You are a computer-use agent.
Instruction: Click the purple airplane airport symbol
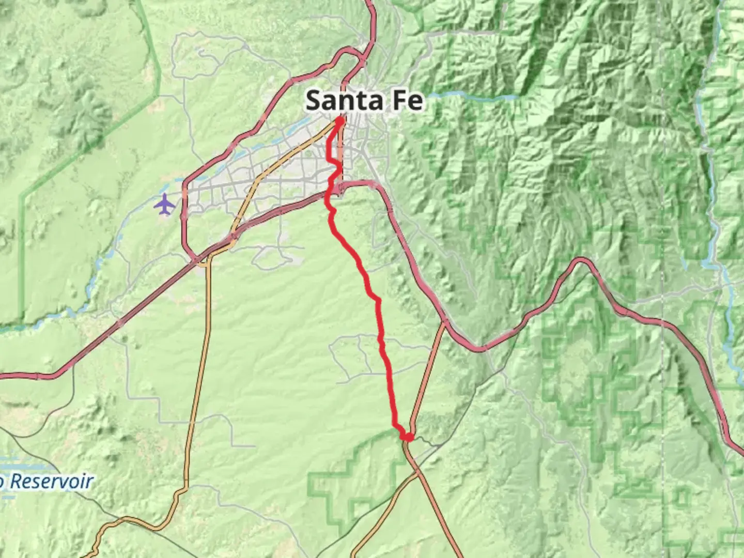pyautogui.click(x=165, y=205)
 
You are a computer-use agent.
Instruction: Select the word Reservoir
pyautogui.click(x=52, y=482)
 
